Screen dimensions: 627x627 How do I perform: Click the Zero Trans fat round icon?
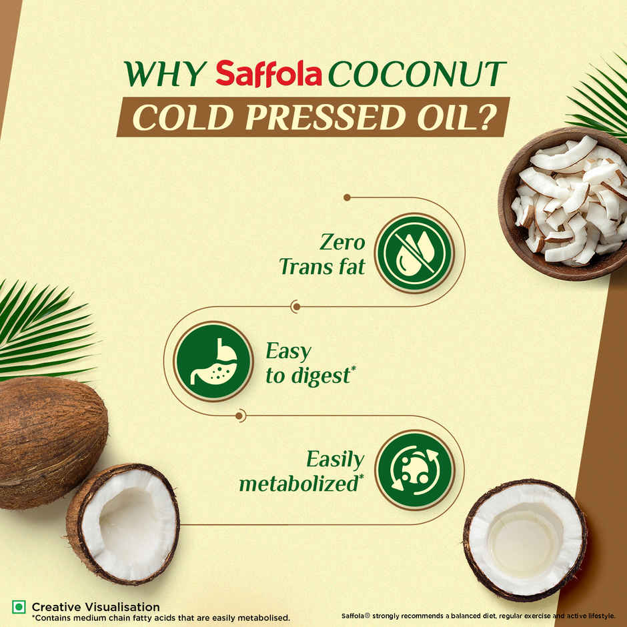[414, 253]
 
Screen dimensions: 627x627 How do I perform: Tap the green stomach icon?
[213, 361]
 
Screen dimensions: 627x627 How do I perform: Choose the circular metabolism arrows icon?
[414, 470]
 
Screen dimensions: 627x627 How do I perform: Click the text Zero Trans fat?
[323, 254]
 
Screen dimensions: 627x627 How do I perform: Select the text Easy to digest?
[307, 364]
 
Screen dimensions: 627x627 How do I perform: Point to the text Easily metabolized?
[302, 471]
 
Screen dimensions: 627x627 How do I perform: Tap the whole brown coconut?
[49, 440]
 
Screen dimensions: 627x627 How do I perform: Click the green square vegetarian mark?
[19, 607]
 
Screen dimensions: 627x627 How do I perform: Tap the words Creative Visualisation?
[95, 607]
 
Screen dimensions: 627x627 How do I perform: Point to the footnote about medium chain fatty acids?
[160, 618]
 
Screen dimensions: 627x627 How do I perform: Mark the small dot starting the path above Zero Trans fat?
[347, 197]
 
